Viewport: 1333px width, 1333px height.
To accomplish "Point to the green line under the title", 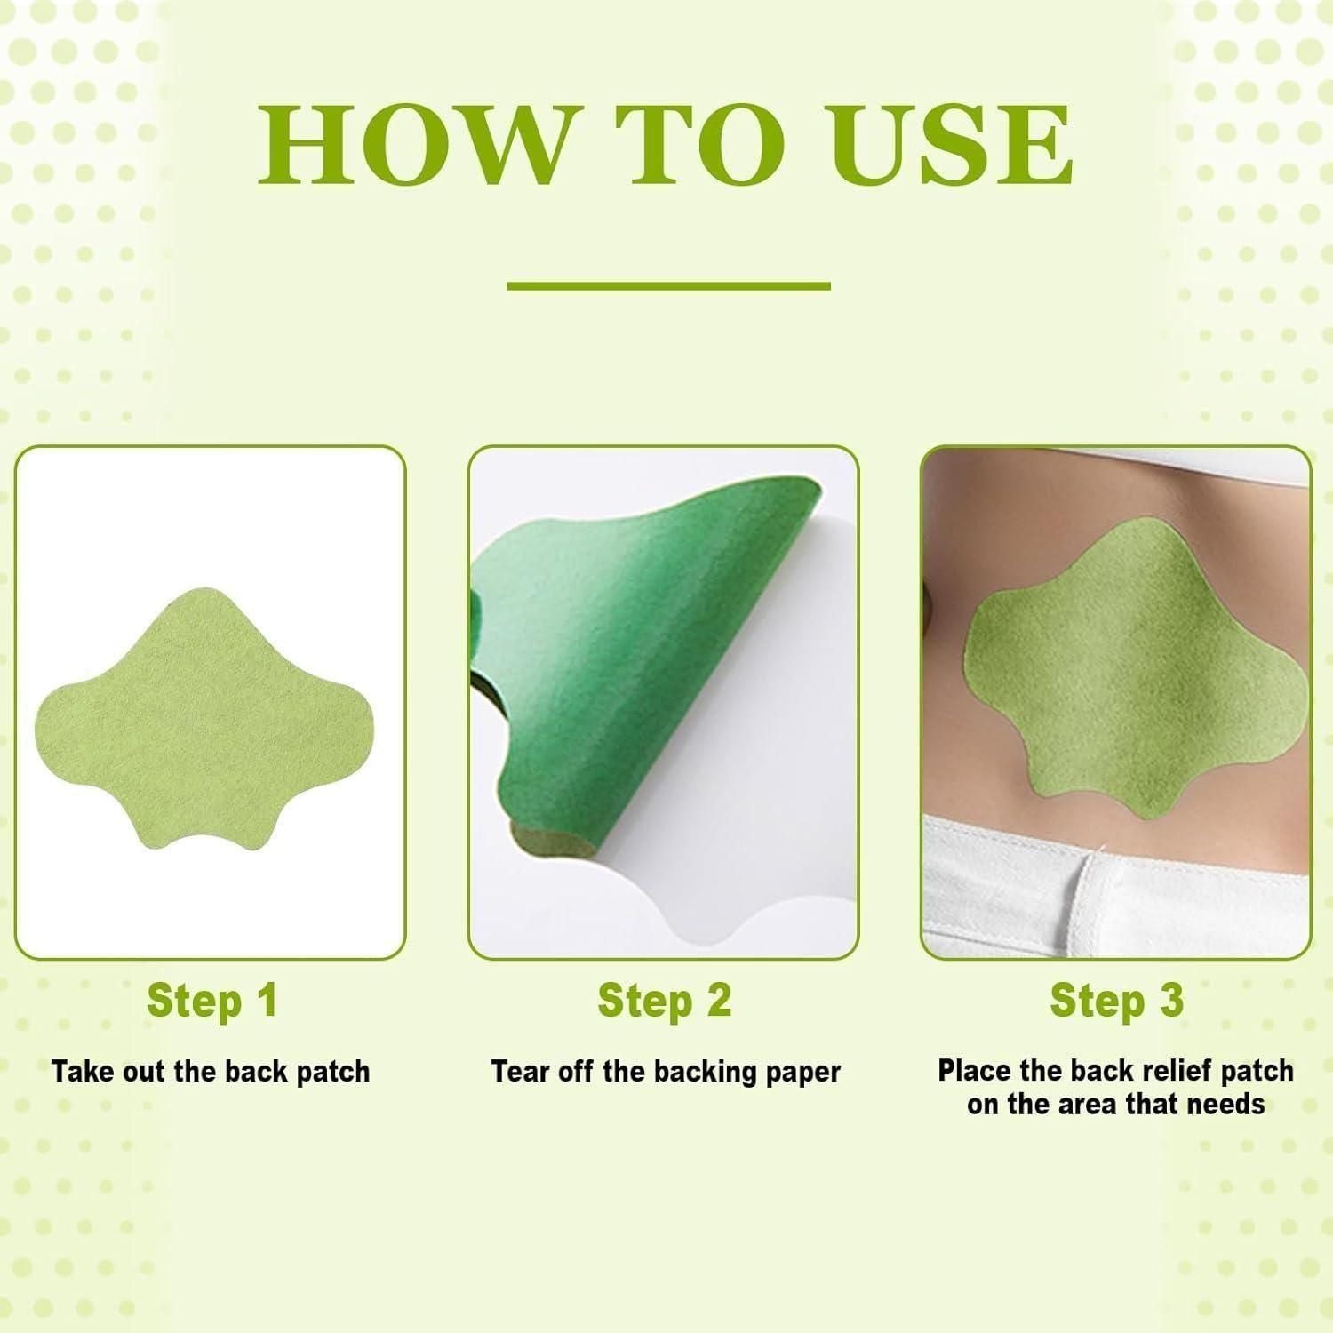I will (668, 286).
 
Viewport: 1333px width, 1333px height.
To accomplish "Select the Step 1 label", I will (212, 1001).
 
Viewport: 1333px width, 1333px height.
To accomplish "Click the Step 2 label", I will (665, 1001).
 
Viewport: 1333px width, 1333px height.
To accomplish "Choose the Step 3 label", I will (1116, 1001).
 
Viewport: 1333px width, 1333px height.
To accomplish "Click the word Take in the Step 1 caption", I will (81, 1072).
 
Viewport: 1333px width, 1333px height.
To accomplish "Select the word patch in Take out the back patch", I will (332, 1072).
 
